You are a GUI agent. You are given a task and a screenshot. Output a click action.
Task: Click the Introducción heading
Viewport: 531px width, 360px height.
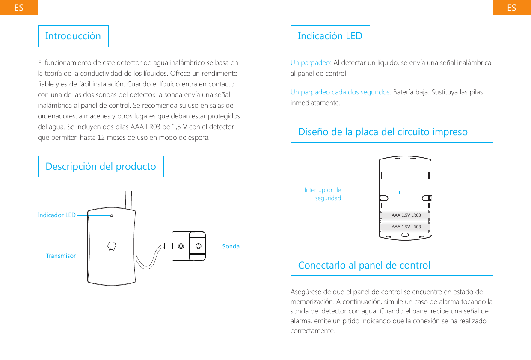[x=73, y=36]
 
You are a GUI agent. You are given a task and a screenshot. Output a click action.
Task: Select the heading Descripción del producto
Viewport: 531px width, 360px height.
[x=101, y=166]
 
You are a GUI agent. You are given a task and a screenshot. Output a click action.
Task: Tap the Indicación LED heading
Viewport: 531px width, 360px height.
[x=330, y=36]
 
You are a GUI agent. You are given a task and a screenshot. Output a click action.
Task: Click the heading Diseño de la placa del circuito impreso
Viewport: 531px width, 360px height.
[x=383, y=132]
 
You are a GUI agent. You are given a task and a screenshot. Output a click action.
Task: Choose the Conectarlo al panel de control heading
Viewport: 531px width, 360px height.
[x=364, y=265]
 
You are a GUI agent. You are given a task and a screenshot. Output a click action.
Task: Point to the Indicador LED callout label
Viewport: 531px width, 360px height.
[x=56, y=215]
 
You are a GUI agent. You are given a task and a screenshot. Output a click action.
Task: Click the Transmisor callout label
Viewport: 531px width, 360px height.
[x=61, y=256]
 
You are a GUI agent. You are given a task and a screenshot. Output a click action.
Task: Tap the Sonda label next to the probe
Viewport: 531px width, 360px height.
[x=231, y=246]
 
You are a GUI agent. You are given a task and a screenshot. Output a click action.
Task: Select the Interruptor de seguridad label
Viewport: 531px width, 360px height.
[x=323, y=194]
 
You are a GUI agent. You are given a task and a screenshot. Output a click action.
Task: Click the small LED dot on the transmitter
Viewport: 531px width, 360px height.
[x=112, y=216]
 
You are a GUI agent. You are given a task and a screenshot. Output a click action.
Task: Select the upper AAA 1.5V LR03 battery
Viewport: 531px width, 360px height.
[x=405, y=215]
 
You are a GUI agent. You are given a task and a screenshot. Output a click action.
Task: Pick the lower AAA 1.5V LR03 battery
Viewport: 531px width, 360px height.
[x=405, y=227]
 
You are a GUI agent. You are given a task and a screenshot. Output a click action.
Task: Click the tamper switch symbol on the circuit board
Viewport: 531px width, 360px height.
[x=398, y=197]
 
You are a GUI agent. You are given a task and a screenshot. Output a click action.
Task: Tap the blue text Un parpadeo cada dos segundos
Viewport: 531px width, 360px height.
[x=341, y=92]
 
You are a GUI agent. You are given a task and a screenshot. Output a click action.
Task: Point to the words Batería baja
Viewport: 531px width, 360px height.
[x=407, y=92]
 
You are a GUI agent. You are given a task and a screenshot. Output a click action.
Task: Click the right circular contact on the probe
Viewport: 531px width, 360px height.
[x=199, y=246]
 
